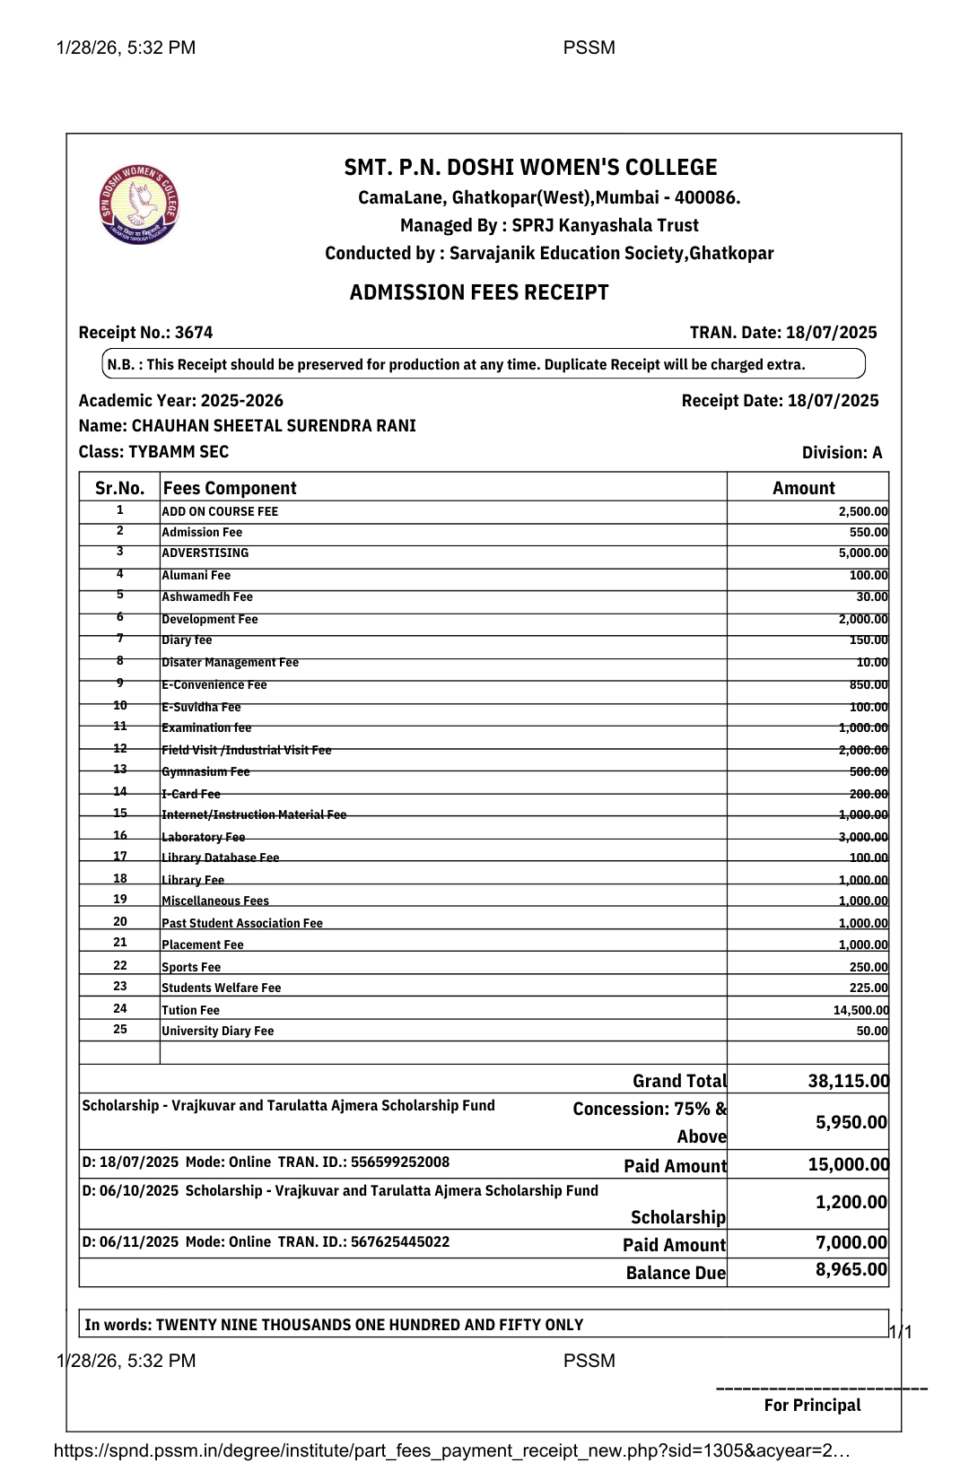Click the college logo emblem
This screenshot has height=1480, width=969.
coord(139,205)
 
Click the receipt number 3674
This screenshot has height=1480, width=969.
coord(194,333)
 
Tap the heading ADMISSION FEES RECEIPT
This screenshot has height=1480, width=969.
coord(479,292)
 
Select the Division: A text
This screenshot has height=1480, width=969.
coord(842,453)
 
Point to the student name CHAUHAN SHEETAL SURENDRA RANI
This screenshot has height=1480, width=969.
coord(274,426)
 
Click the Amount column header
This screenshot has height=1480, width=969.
coord(803,488)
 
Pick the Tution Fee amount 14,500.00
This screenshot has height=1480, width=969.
coord(860,1010)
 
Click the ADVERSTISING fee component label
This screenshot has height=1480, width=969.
coord(205,553)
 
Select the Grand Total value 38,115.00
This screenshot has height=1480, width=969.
coord(848,1081)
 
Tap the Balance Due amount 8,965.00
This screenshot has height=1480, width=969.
coord(851,1270)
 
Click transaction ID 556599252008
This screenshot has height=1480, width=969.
coord(400,1162)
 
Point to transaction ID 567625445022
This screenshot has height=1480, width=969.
coord(400,1242)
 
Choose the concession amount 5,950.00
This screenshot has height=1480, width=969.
coord(851,1122)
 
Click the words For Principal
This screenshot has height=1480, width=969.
coord(812,1406)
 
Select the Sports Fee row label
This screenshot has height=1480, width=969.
coord(191,967)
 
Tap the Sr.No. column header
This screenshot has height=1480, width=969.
coord(119,488)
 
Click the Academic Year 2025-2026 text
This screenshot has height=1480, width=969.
coord(181,401)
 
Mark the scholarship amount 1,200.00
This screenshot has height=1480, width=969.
coord(851,1203)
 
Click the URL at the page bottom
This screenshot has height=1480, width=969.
coord(451,1450)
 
